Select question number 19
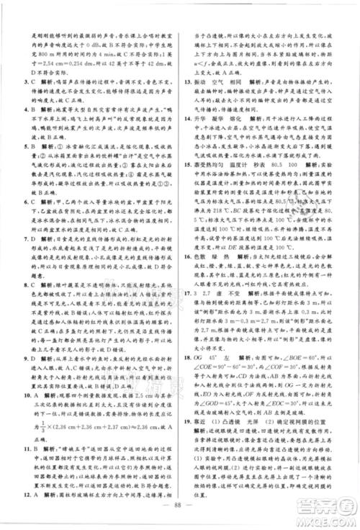click(189, 424)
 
